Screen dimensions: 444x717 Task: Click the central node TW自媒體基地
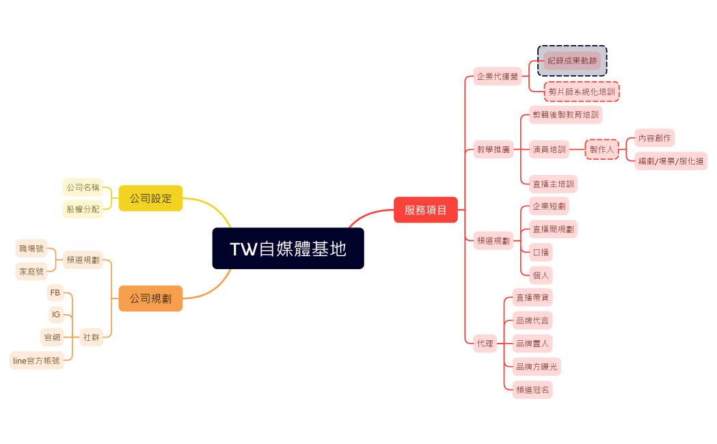tap(288, 249)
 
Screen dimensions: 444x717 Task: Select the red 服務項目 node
tap(425, 210)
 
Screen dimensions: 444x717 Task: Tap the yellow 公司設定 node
tap(150, 198)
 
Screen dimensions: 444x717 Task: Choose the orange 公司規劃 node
tap(150, 299)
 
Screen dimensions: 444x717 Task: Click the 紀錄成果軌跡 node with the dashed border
tap(572, 61)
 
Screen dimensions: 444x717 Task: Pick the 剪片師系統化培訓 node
tap(582, 92)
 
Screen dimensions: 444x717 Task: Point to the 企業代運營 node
tap(498, 77)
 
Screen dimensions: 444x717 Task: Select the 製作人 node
tap(601, 149)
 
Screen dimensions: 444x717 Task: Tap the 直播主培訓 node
tap(553, 184)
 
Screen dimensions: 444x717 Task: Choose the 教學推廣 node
tap(493, 149)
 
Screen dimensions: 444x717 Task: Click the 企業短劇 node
tap(549, 206)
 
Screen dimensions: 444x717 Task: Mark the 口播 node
tap(541, 252)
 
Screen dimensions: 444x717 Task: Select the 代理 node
tap(485, 343)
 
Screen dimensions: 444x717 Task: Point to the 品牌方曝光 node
tap(537, 367)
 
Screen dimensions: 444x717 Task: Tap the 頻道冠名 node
tap(532, 390)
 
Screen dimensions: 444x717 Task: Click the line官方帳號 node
tap(36, 360)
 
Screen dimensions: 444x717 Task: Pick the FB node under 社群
tap(55, 292)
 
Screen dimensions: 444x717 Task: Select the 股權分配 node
tap(83, 209)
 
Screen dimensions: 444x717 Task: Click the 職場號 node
tap(31, 249)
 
